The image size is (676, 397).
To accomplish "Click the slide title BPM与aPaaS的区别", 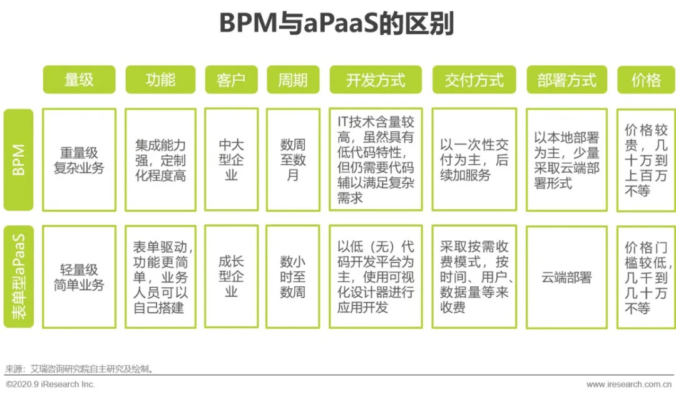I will point(337,24).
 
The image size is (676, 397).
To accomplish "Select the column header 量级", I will point(79,80).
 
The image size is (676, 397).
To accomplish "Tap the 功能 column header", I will point(160,80).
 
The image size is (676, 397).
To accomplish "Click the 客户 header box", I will point(231,80).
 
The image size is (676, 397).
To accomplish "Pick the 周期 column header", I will point(293,80).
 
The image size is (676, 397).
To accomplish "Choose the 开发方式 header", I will point(376,80).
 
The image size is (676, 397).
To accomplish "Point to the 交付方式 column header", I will point(474,80).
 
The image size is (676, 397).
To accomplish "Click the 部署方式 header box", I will point(566,80).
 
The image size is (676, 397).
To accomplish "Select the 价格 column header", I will point(646,80).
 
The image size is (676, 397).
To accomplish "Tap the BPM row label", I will point(18,160).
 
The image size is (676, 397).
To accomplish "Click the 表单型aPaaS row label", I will point(18,277).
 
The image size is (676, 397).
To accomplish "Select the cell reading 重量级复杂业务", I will point(79,160).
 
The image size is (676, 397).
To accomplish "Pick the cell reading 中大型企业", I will point(231,160).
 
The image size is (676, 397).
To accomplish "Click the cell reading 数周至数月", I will point(293,160).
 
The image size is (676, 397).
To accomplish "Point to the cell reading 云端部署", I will point(566,277).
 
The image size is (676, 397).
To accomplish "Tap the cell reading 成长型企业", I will point(231,277).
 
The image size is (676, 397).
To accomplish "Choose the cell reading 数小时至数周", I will point(293,277).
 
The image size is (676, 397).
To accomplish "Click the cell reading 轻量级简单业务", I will point(79,277).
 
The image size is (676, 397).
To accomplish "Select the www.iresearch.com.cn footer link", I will point(630,384).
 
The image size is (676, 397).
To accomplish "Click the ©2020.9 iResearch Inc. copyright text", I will point(50,384).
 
